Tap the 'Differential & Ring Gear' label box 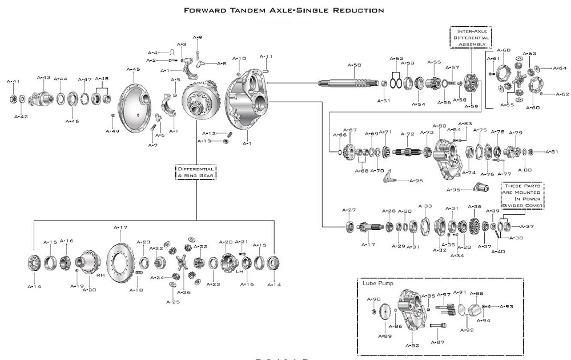pyautogui.click(x=196, y=172)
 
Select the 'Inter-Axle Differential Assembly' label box pyautogui.click(x=471, y=37)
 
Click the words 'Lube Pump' pyautogui.click(x=374, y=283)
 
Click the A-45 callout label pyautogui.click(x=132, y=69)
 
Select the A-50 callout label pyautogui.click(x=355, y=65)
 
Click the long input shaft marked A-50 pyautogui.click(x=348, y=83)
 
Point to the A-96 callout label pyautogui.click(x=416, y=181)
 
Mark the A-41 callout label pyautogui.click(x=13, y=81)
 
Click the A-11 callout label pyautogui.click(x=266, y=56)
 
